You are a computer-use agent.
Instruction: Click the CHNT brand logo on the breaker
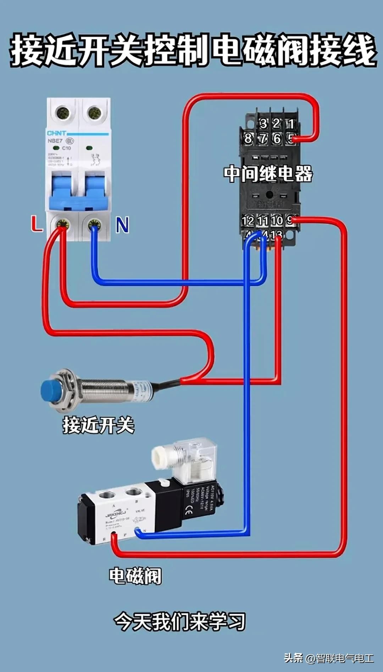[56, 133]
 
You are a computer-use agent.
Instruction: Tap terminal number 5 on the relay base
[291, 139]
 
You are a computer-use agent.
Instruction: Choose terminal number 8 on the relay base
[248, 139]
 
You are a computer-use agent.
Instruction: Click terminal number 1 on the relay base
[291, 124]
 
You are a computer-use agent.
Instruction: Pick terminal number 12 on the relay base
[248, 221]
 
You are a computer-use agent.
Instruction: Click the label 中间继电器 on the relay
[268, 174]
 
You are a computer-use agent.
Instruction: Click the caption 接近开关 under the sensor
[99, 425]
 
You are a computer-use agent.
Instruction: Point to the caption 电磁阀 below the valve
[135, 576]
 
